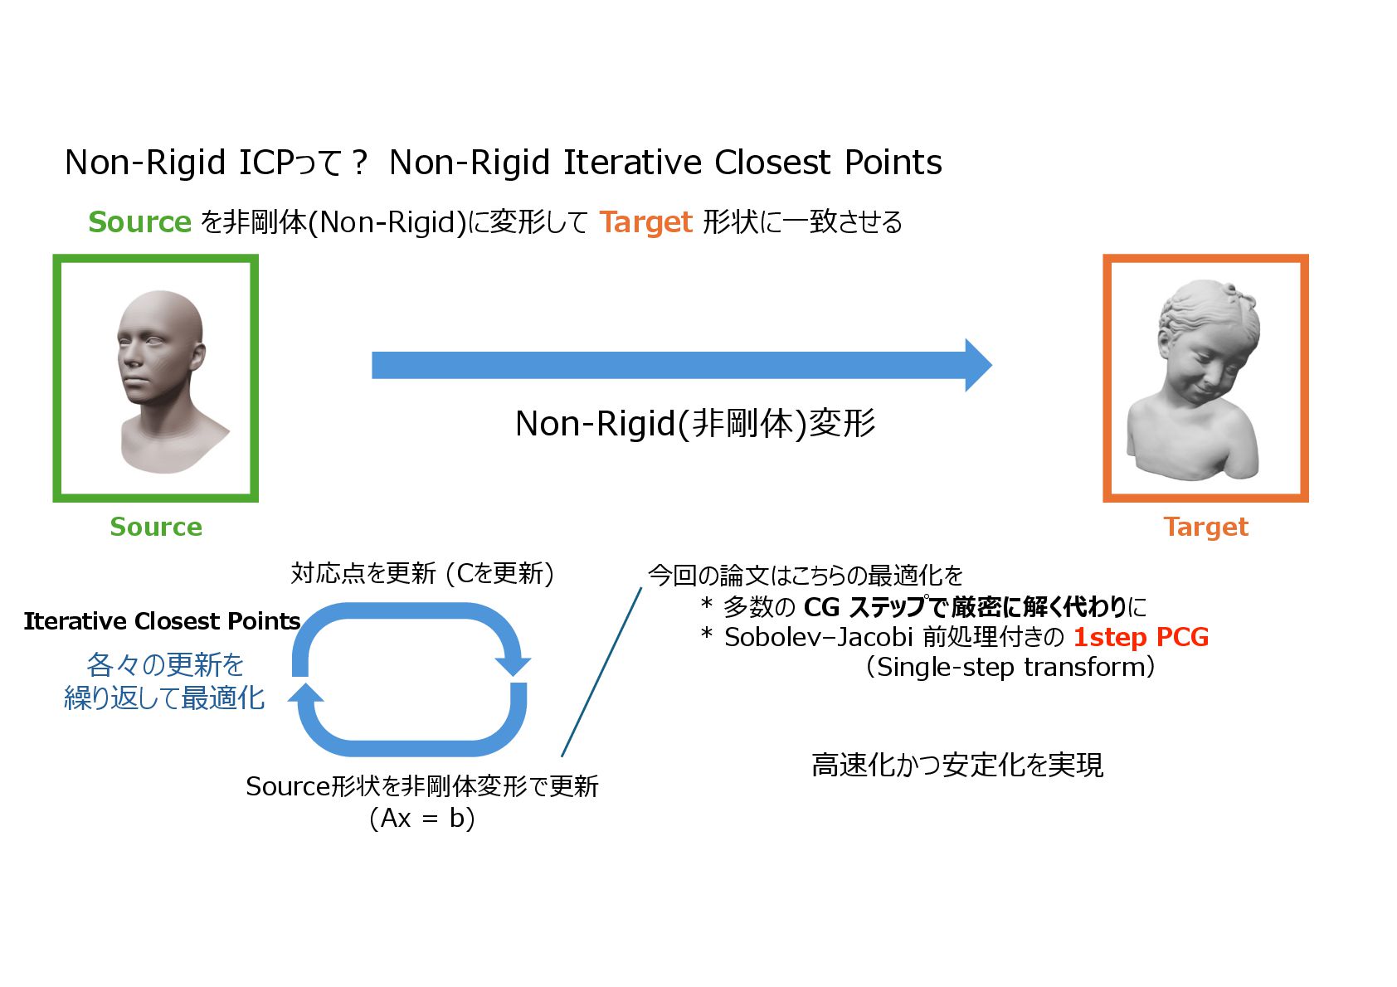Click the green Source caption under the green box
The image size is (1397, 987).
tap(156, 527)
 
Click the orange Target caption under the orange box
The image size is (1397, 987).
tap(1205, 527)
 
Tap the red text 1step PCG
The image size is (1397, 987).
tap(1141, 637)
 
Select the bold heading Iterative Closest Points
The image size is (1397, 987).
tap(162, 621)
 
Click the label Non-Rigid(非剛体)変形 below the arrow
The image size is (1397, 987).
tap(695, 423)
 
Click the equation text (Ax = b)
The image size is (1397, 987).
tap(422, 819)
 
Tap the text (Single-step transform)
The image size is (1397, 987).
tap(1010, 667)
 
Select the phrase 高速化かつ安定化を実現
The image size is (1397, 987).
tap(957, 765)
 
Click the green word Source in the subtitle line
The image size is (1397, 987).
tap(139, 222)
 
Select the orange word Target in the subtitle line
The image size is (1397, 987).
tap(645, 222)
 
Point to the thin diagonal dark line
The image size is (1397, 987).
tap(601, 672)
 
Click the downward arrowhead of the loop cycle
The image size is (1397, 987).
tap(513, 665)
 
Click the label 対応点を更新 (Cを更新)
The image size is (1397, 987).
tap(422, 573)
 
